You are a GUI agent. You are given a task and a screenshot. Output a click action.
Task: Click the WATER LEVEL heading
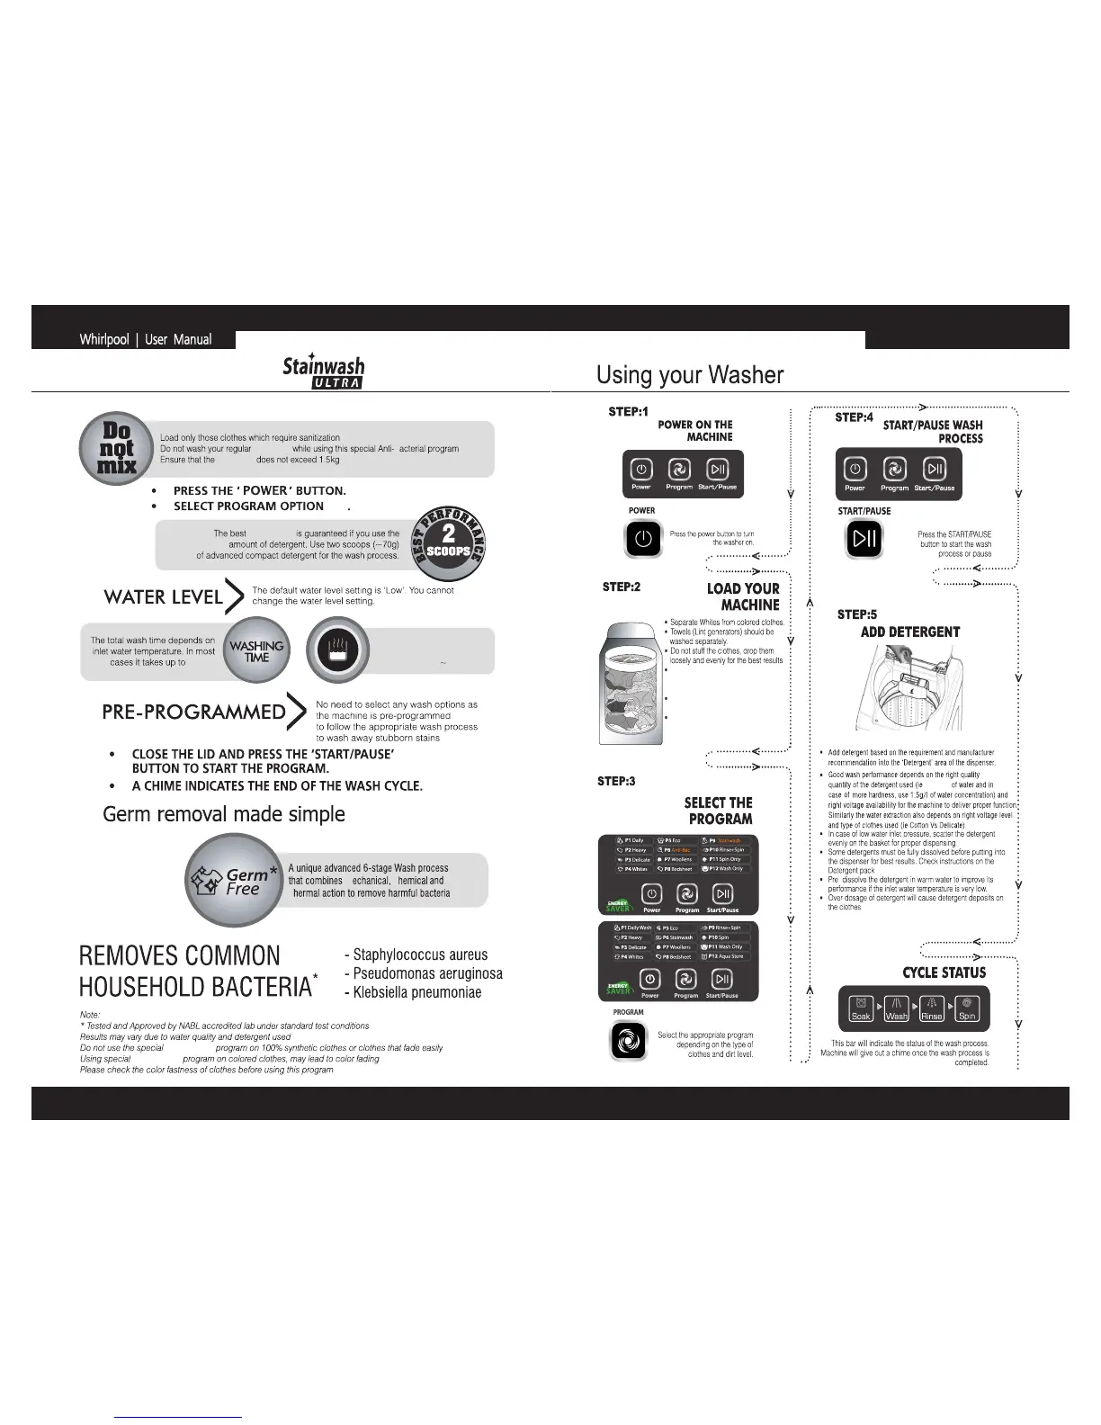tap(164, 597)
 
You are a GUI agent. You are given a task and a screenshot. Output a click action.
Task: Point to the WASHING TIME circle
tap(256, 650)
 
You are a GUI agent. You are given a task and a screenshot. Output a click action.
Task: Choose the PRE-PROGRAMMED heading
tap(193, 712)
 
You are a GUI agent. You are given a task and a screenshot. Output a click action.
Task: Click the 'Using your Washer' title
tap(690, 375)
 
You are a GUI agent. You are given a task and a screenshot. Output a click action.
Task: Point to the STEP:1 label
tap(628, 412)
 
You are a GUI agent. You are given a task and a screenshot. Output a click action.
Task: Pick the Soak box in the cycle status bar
tap(861, 1008)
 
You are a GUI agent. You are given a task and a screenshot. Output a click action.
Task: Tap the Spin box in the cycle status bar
tap(966, 1008)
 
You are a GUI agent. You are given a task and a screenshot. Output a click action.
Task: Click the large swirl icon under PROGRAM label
tap(628, 1042)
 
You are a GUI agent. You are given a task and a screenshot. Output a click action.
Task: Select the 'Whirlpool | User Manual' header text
tap(146, 340)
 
